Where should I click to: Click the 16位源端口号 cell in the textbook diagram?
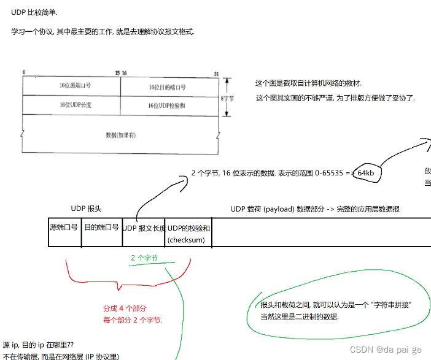tap(71, 86)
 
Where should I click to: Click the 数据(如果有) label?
tap(120, 134)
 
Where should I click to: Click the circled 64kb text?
tap(366, 174)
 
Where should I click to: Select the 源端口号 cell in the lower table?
tap(64, 228)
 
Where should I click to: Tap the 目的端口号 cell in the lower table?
tap(101, 228)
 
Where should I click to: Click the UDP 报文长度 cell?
tap(144, 228)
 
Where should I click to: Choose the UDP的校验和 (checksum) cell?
tap(189, 234)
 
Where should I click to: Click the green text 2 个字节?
tap(144, 258)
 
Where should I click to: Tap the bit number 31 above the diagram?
tap(216, 73)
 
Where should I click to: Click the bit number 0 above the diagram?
tap(24, 73)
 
